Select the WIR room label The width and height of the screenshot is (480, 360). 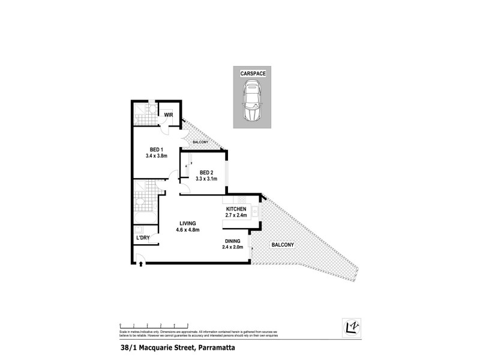[x=169, y=114]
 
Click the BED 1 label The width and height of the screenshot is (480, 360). [x=156, y=150]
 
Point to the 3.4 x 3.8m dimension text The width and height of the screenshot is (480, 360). [x=156, y=156]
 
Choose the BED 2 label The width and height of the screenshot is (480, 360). [x=207, y=172]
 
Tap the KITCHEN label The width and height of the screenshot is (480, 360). [x=236, y=209]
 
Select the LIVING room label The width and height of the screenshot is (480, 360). [x=187, y=224]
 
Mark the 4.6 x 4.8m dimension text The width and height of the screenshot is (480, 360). [x=187, y=230]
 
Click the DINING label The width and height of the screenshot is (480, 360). [x=232, y=241]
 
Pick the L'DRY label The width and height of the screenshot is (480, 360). [x=143, y=238]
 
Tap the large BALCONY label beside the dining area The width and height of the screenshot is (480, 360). [x=282, y=245]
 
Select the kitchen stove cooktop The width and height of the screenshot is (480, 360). [x=255, y=211]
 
